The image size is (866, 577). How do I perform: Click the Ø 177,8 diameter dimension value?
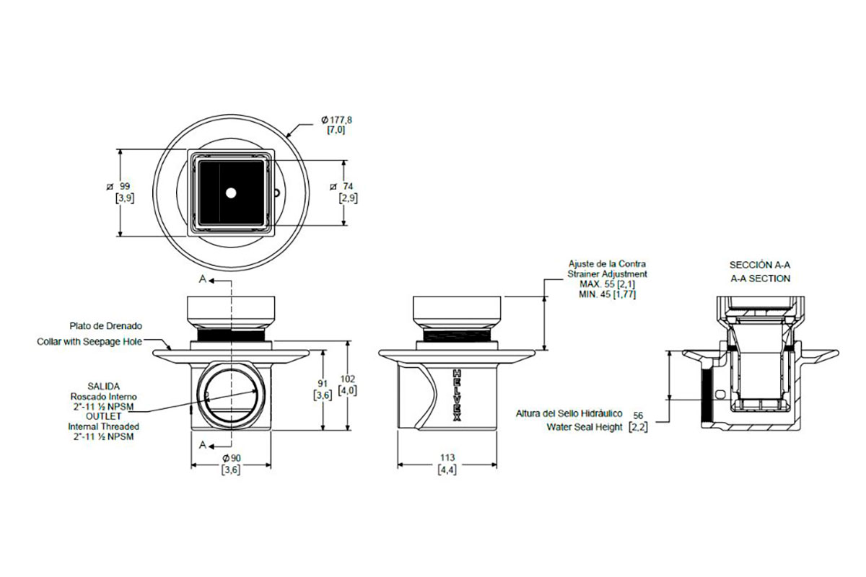click(337, 120)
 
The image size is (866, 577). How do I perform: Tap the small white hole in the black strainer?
click(231, 193)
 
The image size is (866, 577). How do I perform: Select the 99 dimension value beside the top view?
click(124, 187)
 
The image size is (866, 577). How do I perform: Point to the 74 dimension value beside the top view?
click(348, 187)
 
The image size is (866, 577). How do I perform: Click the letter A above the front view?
click(203, 279)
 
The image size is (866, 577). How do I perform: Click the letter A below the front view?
click(203, 446)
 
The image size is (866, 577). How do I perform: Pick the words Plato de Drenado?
click(106, 326)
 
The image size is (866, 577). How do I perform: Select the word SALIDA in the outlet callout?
click(104, 386)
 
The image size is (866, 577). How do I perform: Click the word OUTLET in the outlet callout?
click(104, 416)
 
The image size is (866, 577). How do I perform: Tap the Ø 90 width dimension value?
click(232, 458)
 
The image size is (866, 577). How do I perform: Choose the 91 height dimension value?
click(323, 384)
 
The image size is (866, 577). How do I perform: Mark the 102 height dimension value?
click(348, 379)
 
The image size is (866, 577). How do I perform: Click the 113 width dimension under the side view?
click(447, 457)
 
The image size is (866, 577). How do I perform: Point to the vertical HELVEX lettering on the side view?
click(457, 395)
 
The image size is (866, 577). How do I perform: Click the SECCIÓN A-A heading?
click(760, 265)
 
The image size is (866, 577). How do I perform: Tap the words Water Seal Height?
click(584, 427)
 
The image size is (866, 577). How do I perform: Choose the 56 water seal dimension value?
click(638, 415)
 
